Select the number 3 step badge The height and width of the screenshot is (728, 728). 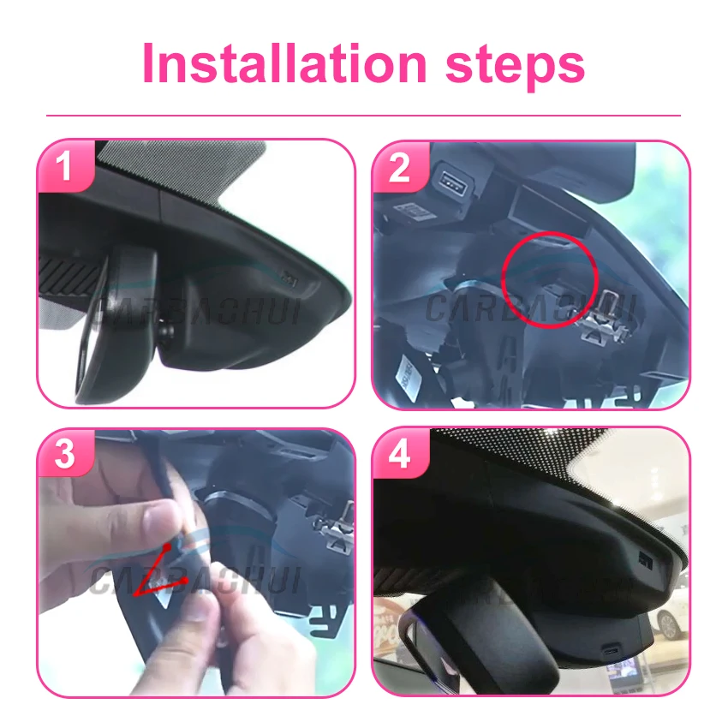tap(65, 455)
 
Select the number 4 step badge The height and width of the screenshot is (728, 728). tap(400, 455)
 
